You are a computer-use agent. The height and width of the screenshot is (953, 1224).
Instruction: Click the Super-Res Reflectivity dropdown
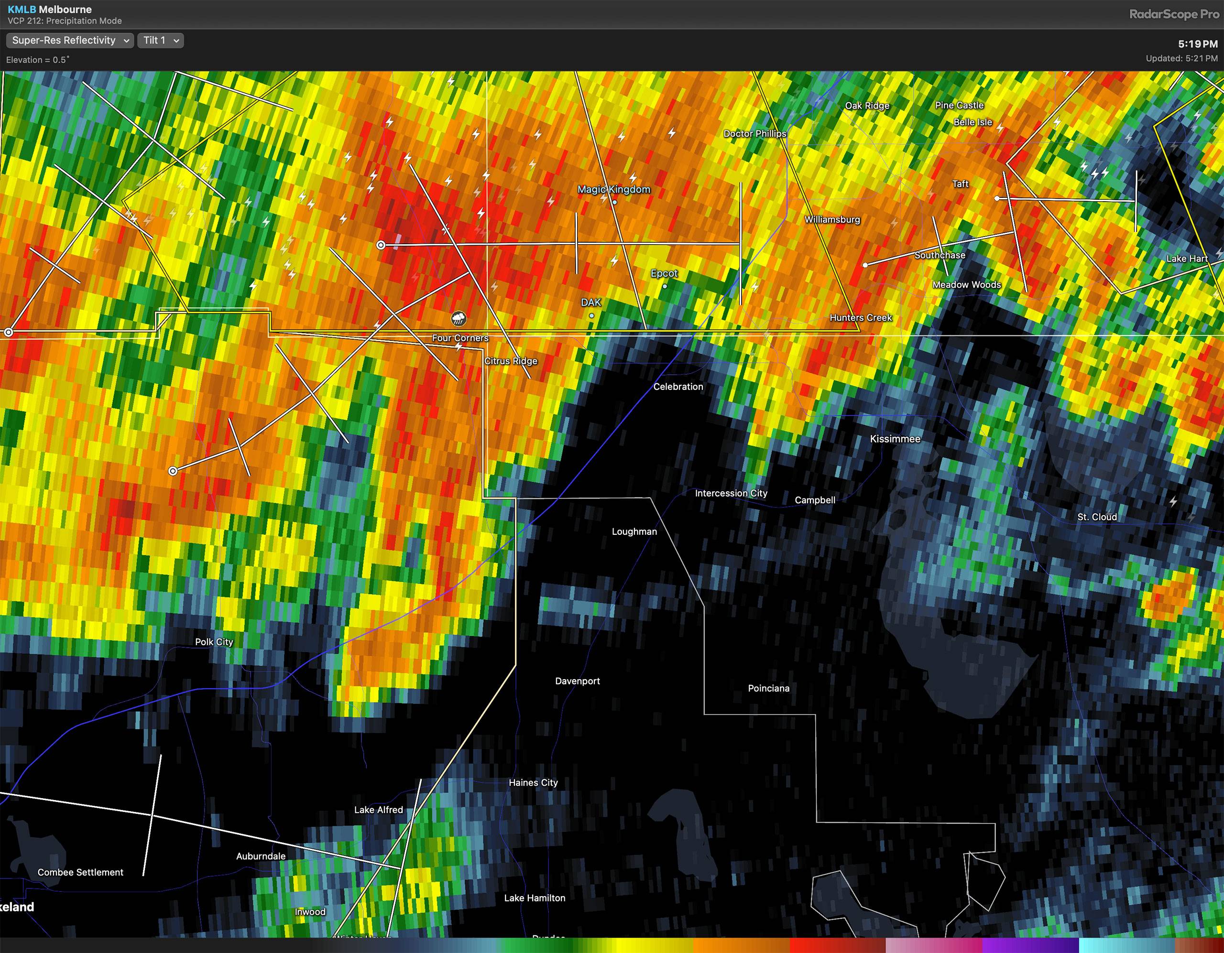tap(69, 40)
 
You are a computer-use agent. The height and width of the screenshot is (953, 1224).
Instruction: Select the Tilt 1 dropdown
tap(160, 40)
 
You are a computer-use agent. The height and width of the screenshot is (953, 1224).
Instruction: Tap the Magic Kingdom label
tap(614, 189)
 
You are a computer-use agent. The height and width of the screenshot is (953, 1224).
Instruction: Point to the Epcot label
tap(664, 273)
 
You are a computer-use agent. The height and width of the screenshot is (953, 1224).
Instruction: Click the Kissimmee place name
tap(895, 439)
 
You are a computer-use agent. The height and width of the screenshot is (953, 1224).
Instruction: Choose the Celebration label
tap(678, 387)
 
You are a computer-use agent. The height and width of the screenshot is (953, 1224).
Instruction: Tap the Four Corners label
tap(460, 338)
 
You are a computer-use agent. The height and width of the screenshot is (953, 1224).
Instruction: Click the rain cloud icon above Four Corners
tap(459, 319)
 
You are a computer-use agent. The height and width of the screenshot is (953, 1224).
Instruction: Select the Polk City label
tap(214, 641)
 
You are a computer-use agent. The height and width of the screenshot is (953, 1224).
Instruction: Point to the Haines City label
tap(533, 783)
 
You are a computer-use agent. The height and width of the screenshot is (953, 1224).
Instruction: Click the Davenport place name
tap(577, 681)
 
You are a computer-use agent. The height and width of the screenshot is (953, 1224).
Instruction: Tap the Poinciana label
tap(768, 688)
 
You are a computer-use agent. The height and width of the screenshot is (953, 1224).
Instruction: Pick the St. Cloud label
tap(1097, 517)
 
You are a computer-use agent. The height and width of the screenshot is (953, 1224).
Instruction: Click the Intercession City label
tap(731, 493)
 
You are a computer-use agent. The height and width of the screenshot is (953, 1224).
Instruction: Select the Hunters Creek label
tap(860, 318)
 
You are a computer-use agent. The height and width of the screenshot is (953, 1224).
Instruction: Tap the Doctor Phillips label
tap(754, 133)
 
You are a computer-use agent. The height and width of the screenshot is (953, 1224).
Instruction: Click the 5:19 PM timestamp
tap(1197, 43)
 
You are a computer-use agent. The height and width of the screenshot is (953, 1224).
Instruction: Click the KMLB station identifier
tap(22, 10)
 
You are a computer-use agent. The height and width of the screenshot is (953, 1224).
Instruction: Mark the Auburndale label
tap(261, 856)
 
